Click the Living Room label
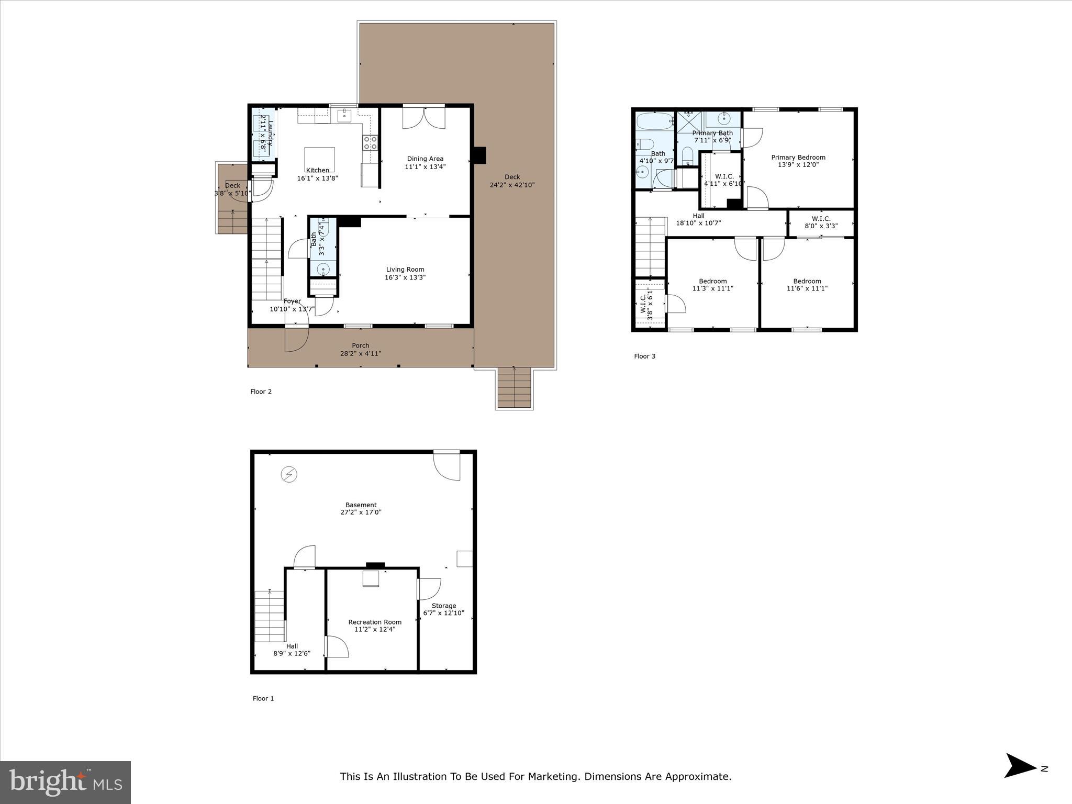[x=405, y=270]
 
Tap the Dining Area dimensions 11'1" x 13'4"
[x=425, y=167]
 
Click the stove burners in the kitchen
[x=371, y=142]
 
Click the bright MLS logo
[x=65, y=782]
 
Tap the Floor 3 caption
[x=644, y=356]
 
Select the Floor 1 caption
[x=263, y=698]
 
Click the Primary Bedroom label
[x=798, y=157]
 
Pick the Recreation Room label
[x=375, y=622]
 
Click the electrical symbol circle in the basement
[x=289, y=475]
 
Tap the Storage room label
[x=443, y=606]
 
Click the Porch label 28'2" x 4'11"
[x=360, y=349]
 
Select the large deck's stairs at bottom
[x=515, y=388]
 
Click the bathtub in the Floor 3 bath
[x=655, y=121]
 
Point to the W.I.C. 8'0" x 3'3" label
[x=821, y=222]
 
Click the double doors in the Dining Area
[x=423, y=117]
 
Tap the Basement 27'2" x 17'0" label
[x=361, y=509]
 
